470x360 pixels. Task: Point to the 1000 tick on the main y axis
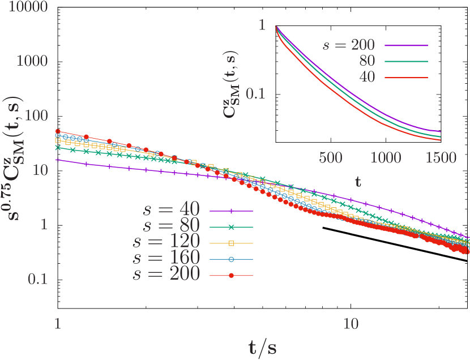[x=32, y=61]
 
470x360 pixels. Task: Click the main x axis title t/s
[x=262, y=346]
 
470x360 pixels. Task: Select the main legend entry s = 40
[x=170, y=210]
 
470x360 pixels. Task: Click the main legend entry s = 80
[x=170, y=226]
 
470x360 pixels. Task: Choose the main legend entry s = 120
[x=166, y=243]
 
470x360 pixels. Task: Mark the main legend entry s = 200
[x=166, y=275]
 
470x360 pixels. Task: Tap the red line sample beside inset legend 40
[x=405, y=77]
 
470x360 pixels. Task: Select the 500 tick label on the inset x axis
[x=330, y=158]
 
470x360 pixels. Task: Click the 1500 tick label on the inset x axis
[x=441, y=158]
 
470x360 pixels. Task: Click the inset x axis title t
[x=358, y=182]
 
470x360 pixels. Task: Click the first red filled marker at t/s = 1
[x=57, y=131]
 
